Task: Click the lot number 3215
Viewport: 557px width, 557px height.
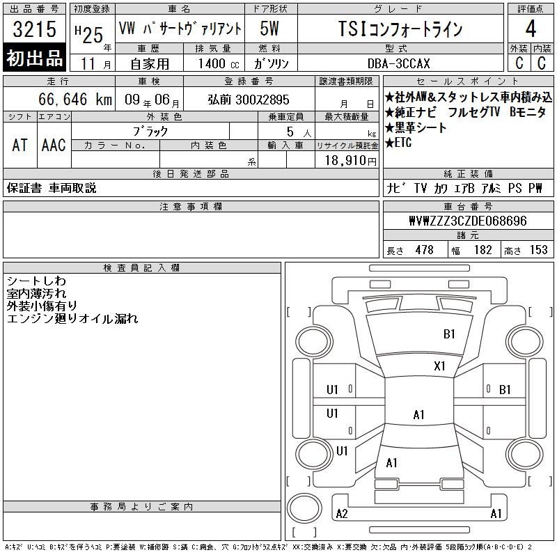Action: point(35,29)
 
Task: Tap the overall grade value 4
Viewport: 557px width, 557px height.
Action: point(531,29)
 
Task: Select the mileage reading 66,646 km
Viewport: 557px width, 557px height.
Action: point(75,99)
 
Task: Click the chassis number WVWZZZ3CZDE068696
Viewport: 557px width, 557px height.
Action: point(468,221)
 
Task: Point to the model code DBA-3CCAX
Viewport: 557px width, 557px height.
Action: point(398,63)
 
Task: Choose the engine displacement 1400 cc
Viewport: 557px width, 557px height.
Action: point(219,63)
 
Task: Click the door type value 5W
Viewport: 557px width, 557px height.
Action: point(269,29)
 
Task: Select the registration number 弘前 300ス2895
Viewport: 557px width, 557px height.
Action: point(249,100)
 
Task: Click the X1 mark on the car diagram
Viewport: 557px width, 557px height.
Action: point(439,366)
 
